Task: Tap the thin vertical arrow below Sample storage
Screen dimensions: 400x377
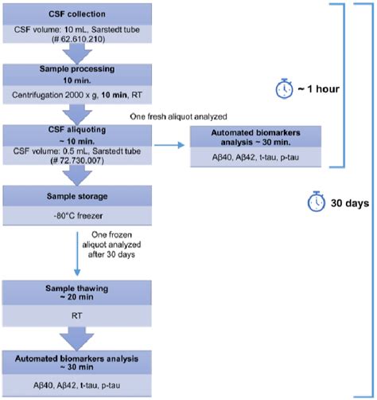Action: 79,247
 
